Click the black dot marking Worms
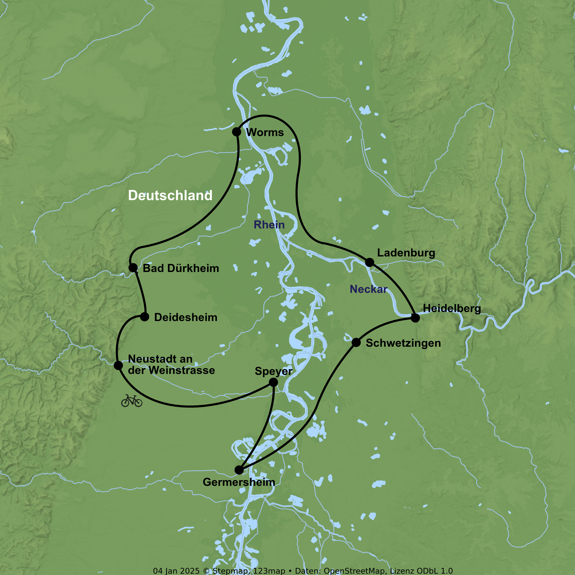pyautogui.click(x=236, y=131)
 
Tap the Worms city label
pyautogui.click(x=265, y=132)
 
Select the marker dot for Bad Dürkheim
pyautogui.click(x=133, y=268)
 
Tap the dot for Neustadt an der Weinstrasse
pyautogui.click(x=118, y=366)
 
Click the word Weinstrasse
pyautogui.click(x=182, y=370)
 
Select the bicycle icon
pyautogui.click(x=131, y=401)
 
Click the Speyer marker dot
pyautogui.click(x=273, y=382)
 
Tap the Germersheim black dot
pyautogui.click(x=239, y=470)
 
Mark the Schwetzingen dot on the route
pyautogui.click(x=356, y=343)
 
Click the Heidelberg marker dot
pyautogui.click(x=415, y=318)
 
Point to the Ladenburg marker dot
pyautogui.click(x=369, y=262)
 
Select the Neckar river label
pyautogui.click(x=368, y=289)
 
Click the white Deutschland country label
pyautogui.click(x=170, y=195)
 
